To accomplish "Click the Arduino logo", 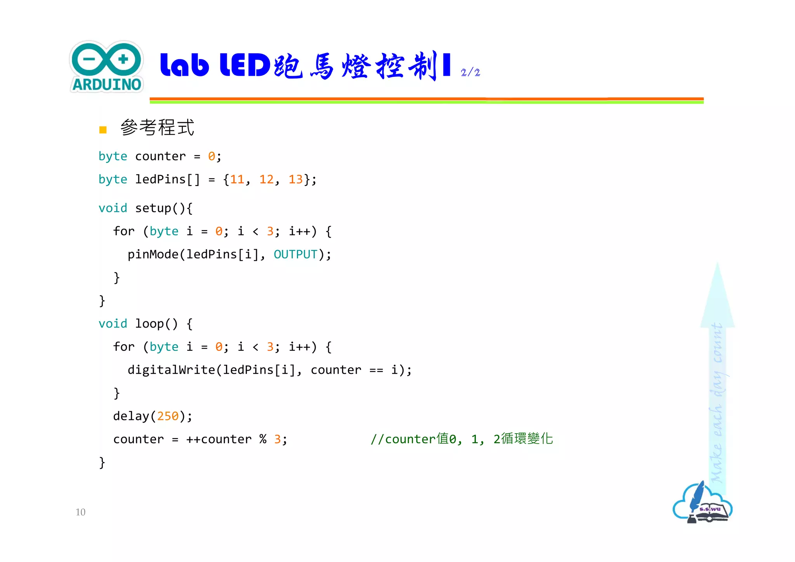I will [106, 67].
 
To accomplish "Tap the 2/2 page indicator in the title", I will [470, 73].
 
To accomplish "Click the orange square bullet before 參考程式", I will [103, 130].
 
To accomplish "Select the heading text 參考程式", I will [157, 128].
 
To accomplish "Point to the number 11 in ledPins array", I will [237, 179].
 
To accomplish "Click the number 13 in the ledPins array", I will [295, 179].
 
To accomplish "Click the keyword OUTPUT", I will [295, 255].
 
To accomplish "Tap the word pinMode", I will [153, 255].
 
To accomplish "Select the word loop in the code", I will [149, 324].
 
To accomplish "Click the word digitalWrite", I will [171, 370].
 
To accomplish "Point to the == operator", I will [376, 370].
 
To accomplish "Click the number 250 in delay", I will [168, 416].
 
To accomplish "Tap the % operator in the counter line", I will [263, 439].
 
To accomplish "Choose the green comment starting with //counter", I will [462, 439].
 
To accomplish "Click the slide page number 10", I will [80, 512].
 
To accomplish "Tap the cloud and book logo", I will [702, 504].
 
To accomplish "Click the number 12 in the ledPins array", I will [266, 179].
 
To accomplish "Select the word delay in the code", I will [131, 416].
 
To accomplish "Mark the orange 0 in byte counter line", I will [212, 156].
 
